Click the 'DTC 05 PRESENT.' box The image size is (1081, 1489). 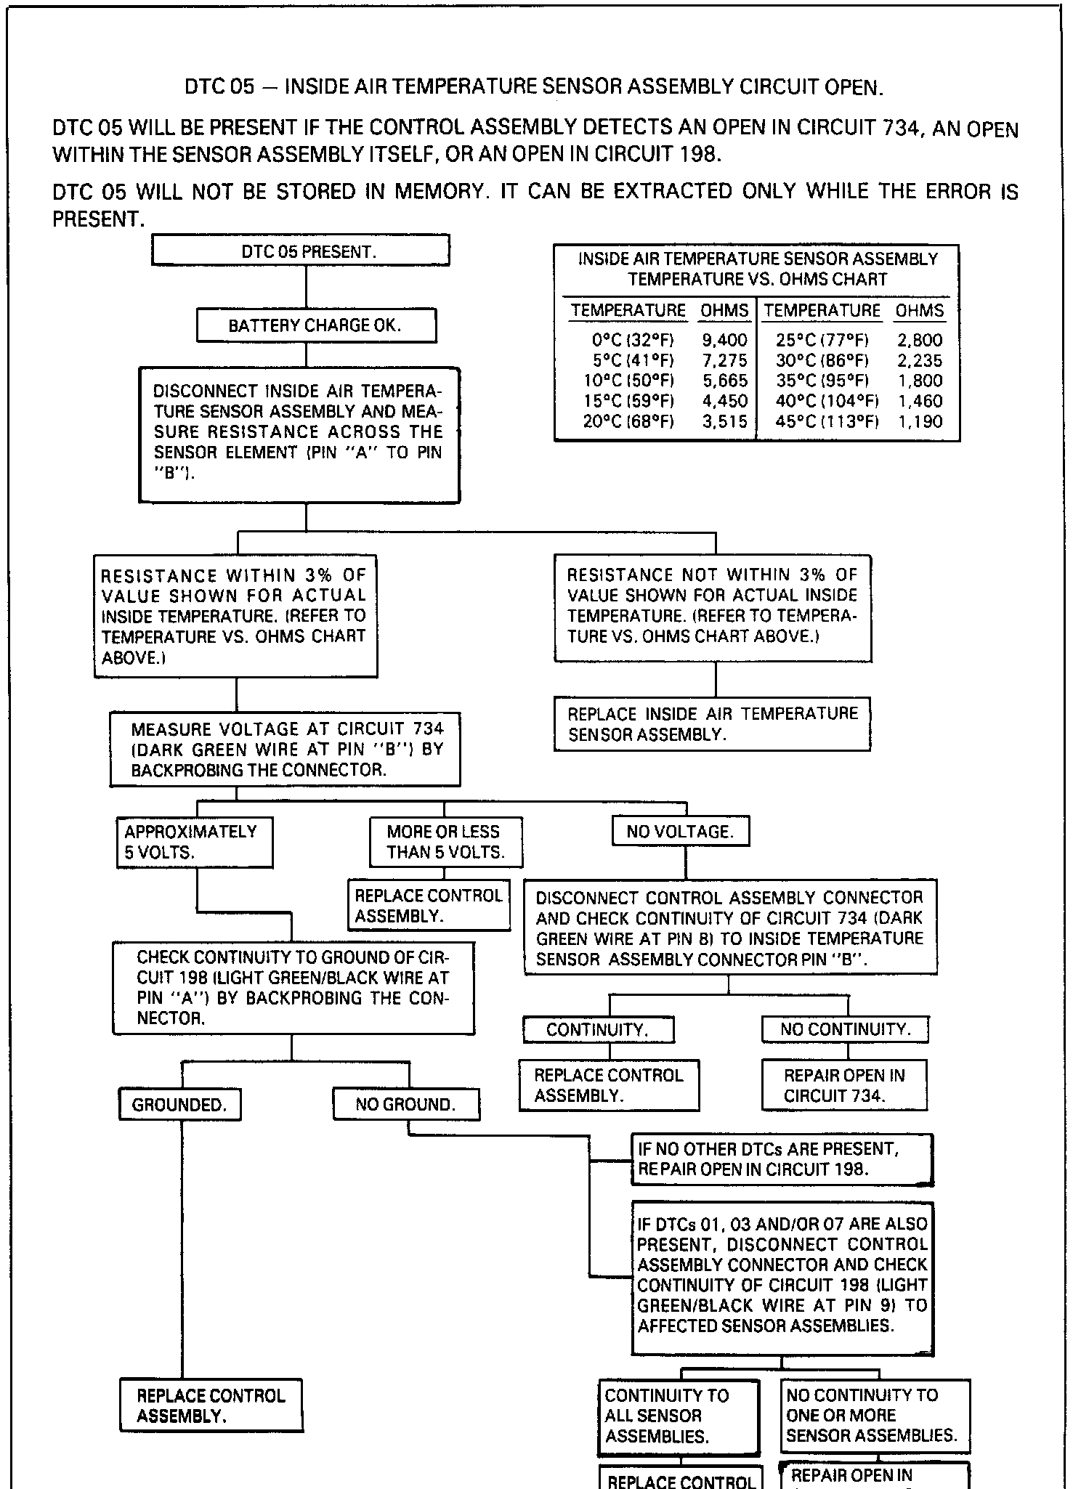pos(300,251)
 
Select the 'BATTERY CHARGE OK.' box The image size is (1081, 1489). pos(316,325)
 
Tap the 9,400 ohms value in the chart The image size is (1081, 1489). pos(724,340)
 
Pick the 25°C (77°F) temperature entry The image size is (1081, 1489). pos(822,340)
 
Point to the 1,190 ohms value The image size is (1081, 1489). pos(920,421)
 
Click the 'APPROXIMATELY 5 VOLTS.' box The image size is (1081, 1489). pos(194,842)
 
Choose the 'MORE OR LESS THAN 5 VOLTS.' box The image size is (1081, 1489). pos(445,842)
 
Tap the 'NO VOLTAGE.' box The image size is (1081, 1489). pos(680,832)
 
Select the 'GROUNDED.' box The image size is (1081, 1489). pos(179,1105)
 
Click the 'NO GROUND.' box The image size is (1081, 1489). pos(405,1105)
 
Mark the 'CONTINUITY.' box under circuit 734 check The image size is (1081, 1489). pos(598,1029)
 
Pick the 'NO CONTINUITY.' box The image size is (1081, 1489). pos(845,1029)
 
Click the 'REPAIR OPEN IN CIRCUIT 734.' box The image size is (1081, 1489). pos(844,1085)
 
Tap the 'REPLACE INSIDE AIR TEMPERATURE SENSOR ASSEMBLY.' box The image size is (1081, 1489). pos(712,723)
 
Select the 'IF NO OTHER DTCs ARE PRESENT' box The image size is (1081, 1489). pos(782,1159)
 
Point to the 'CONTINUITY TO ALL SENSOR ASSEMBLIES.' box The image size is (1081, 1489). pos(679,1416)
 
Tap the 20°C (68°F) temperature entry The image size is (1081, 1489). pos(628,421)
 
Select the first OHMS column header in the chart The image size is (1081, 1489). pos(724,311)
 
